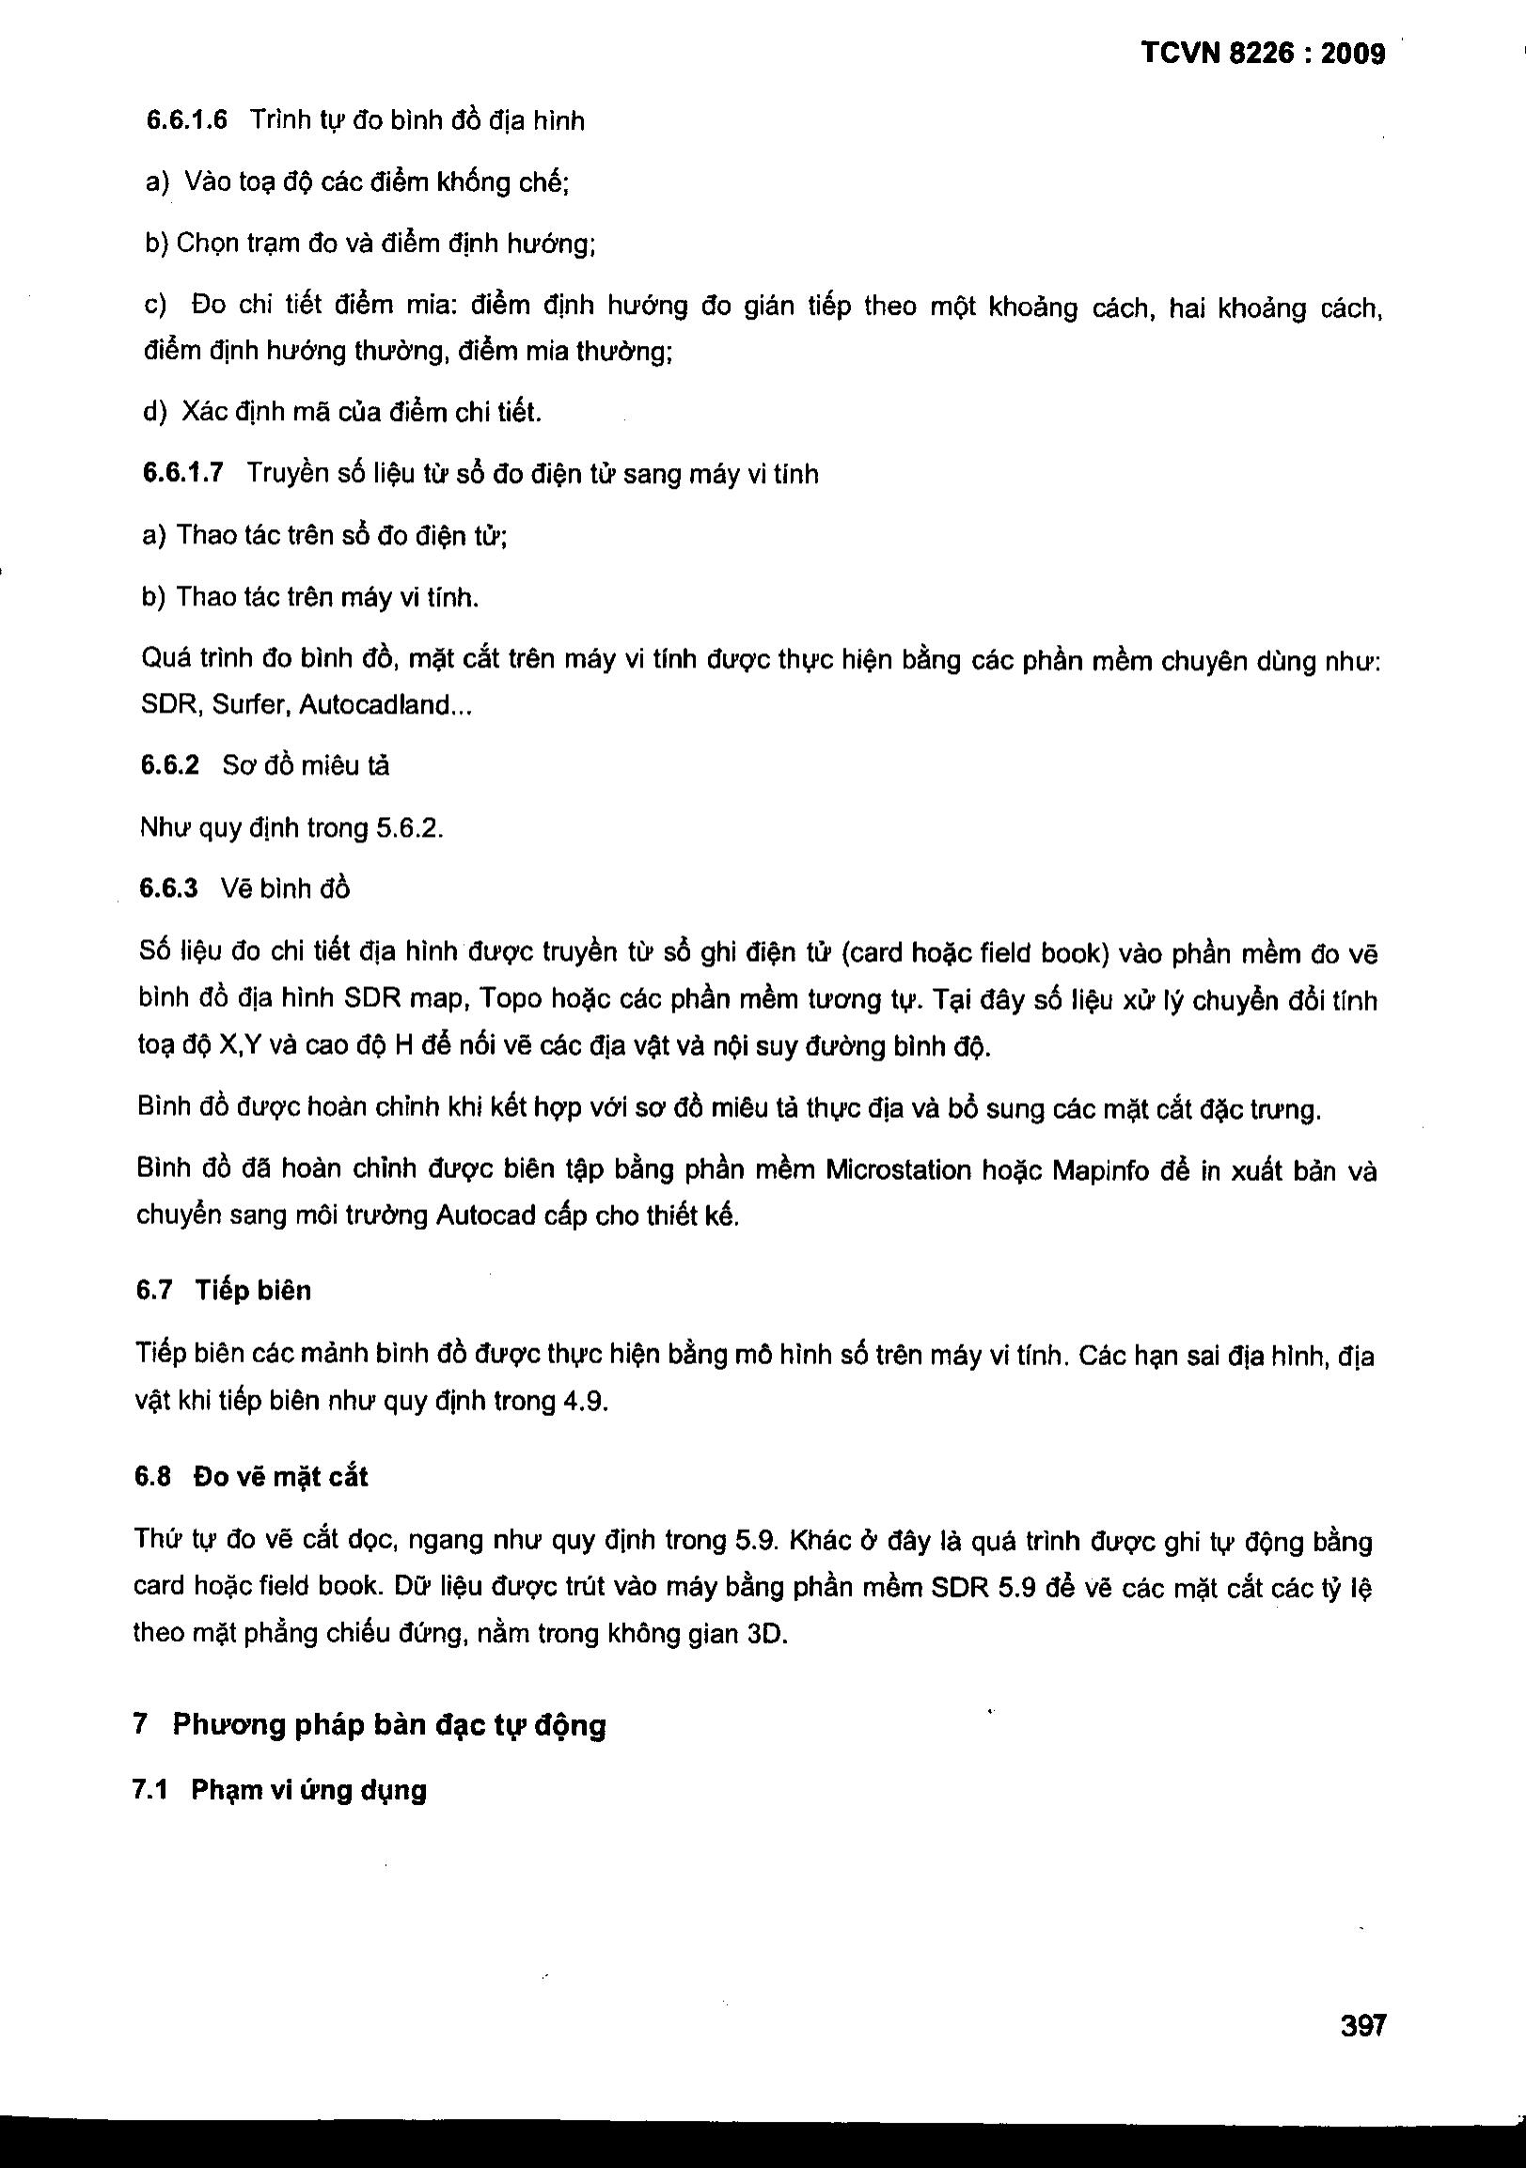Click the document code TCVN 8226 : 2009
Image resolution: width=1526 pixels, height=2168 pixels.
click(1263, 54)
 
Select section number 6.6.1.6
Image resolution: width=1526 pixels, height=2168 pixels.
click(186, 121)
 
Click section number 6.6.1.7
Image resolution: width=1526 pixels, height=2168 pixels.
click(182, 473)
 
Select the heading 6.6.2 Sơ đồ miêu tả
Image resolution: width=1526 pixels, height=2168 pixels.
click(264, 765)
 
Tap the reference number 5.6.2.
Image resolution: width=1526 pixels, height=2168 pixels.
click(409, 829)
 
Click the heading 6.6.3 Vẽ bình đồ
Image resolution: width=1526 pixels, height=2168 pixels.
click(244, 888)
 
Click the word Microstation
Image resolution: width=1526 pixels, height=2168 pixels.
click(898, 1170)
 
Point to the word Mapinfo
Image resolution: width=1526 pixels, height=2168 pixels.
click(1100, 1170)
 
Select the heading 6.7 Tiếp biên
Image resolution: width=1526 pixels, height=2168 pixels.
click(224, 1290)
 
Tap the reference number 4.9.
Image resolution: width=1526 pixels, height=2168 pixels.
click(585, 1401)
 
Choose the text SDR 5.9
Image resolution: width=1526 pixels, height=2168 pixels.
click(983, 1587)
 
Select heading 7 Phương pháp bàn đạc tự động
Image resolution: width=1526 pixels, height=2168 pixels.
click(370, 1725)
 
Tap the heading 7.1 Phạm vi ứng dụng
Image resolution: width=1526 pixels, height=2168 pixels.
click(279, 1790)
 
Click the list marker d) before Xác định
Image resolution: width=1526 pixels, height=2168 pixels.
click(154, 412)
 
